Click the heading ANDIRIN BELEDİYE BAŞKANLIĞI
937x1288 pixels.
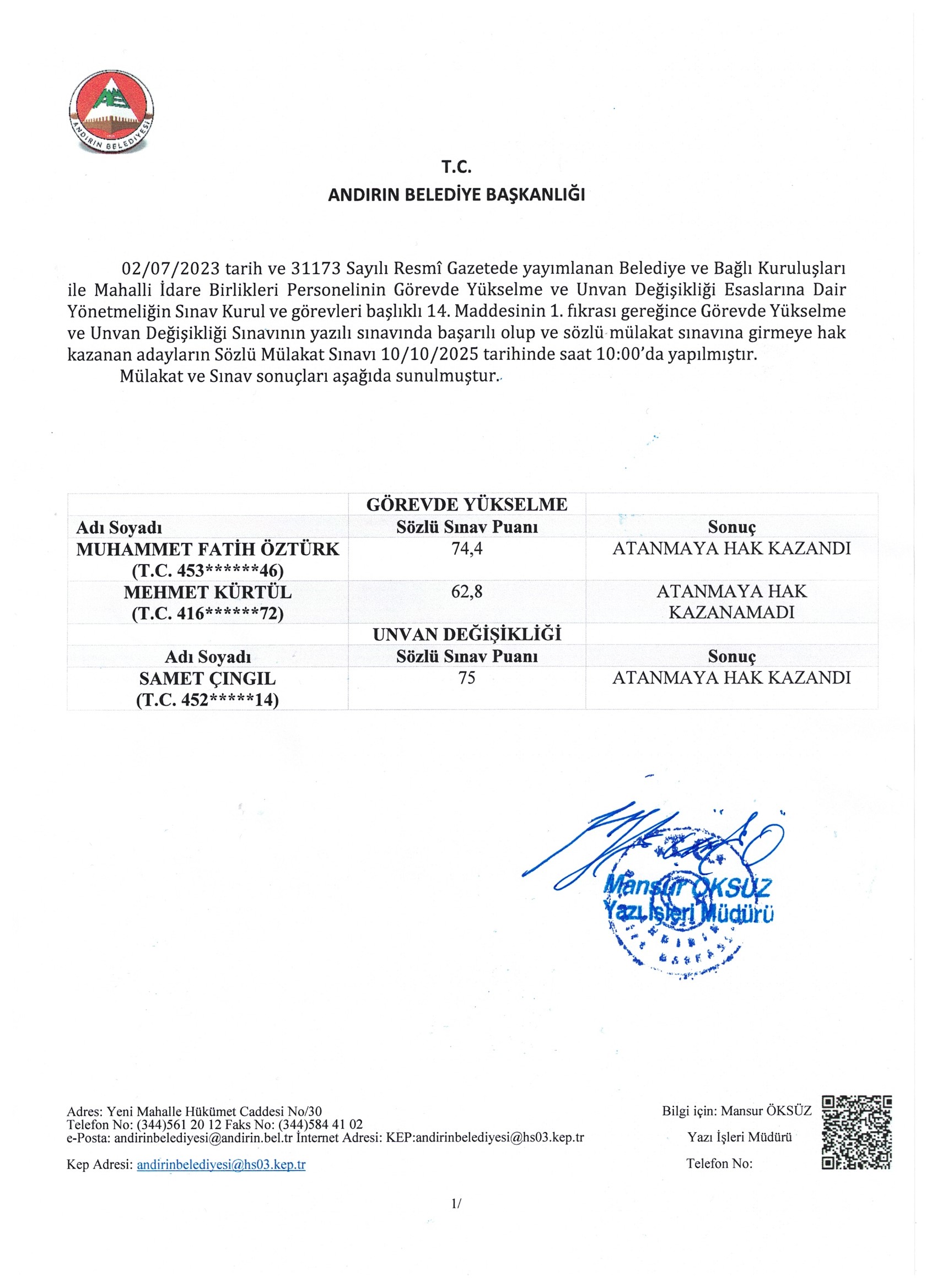[x=456, y=195]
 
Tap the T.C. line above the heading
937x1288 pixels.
[x=456, y=167]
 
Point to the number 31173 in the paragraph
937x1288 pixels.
[x=315, y=268]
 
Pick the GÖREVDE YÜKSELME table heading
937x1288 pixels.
[x=466, y=504]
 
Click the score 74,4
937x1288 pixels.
[x=466, y=549]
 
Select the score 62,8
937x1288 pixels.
[x=466, y=592]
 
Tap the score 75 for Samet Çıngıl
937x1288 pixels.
[x=466, y=678]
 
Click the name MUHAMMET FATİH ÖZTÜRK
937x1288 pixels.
[x=207, y=549]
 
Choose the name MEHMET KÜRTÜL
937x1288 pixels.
[x=207, y=592]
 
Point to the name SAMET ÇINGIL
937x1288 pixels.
[x=207, y=679]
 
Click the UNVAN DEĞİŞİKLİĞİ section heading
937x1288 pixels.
[x=466, y=634]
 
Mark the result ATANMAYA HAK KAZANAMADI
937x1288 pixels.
[x=731, y=602]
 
